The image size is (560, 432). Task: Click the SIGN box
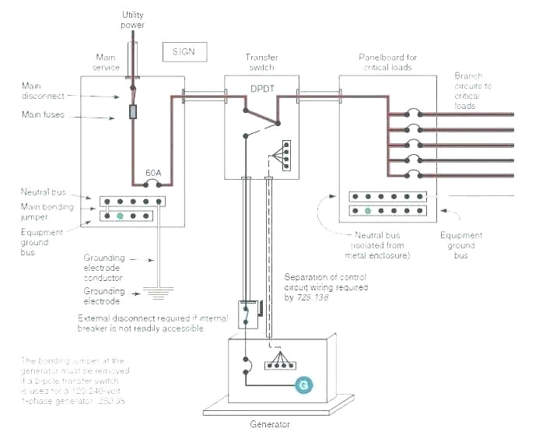click(x=184, y=52)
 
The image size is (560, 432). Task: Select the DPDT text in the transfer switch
click(x=261, y=88)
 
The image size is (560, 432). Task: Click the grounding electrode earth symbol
click(x=159, y=294)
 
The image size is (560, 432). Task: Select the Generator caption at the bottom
click(x=271, y=424)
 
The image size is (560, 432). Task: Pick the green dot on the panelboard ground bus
click(x=366, y=210)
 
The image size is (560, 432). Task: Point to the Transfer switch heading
click(x=261, y=61)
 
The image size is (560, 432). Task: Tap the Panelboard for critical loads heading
click(x=389, y=62)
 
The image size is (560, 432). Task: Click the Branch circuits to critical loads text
click(x=473, y=90)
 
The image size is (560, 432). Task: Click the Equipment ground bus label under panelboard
click(x=461, y=245)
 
